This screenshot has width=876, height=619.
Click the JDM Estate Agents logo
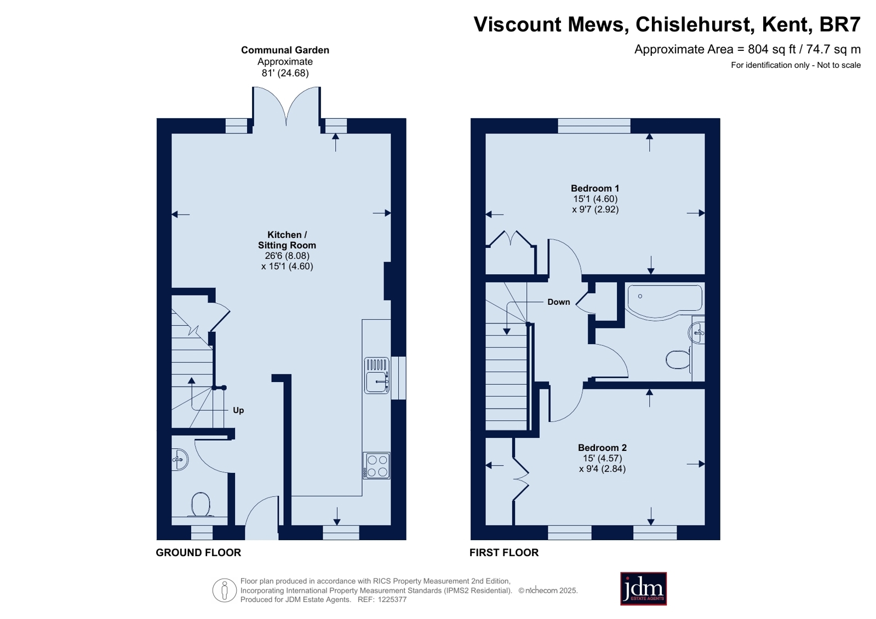[643, 588]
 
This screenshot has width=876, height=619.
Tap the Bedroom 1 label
[595, 188]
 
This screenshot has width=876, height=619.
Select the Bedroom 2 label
[602, 448]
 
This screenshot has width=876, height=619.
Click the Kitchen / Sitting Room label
[287, 240]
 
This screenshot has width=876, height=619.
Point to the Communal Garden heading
[285, 50]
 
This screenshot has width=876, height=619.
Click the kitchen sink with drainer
[377, 375]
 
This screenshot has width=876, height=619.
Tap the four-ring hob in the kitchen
[376, 465]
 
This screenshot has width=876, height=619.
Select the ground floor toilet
[201, 504]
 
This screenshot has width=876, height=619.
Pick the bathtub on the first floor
[665, 302]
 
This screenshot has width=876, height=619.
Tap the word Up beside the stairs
[238, 410]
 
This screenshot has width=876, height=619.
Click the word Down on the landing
[558, 302]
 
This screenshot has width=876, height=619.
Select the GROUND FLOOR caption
[198, 553]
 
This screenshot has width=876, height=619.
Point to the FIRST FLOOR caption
[503, 553]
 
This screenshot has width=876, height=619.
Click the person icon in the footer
[225, 590]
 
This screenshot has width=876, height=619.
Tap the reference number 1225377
[392, 599]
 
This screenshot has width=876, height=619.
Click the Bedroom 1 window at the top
[594, 126]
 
